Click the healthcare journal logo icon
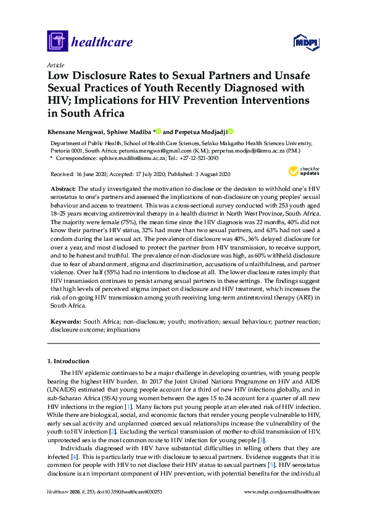tap(57, 41)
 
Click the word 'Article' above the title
tap(54, 64)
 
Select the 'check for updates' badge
tap(305, 171)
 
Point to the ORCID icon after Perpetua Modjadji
tap(231, 132)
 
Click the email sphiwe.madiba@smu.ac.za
tap(116, 158)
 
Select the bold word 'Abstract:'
tap(63, 188)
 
